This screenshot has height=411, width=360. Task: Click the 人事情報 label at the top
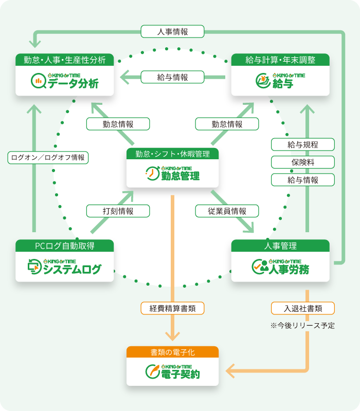[x=172, y=32]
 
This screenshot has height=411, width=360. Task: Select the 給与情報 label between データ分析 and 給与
[x=172, y=77]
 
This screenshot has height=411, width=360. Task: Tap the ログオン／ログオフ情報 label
[x=48, y=157]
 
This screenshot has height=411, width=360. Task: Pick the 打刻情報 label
[x=118, y=211]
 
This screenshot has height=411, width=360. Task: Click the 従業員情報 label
[x=227, y=211]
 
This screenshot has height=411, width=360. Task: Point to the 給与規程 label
[x=303, y=144]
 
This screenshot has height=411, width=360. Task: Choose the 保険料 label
[x=303, y=162]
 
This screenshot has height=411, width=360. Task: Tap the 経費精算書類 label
[x=172, y=308]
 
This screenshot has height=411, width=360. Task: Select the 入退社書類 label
[x=303, y=308]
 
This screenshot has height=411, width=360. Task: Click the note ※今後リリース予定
[x=302, y=325]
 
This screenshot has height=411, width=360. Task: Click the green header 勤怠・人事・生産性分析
[x=64, y=60]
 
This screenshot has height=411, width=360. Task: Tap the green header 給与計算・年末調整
[x=280, y=60]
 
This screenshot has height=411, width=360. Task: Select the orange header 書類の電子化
[x=172, y=352]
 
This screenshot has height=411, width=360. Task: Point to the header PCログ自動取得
[x=64, y=246]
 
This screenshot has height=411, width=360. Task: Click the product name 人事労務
[x=289, y=269]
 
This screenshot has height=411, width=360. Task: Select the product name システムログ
[x=72, y=269]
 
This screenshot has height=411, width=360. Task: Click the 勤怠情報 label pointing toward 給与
[x=227, y=124]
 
